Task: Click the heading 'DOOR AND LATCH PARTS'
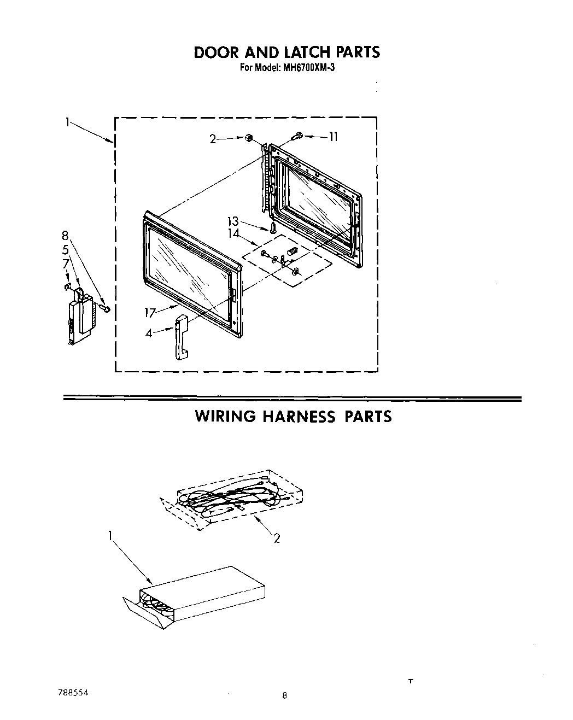[x=286, y=52]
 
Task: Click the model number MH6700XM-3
[x=307, y=69]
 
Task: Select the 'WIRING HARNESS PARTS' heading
[x=293, y=417]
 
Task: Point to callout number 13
[x=233, y=221]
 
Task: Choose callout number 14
[x=233, y=233]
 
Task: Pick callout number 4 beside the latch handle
[x=149, y=332]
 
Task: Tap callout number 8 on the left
[x=65, y=236]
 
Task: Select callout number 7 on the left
[x=65, y=264]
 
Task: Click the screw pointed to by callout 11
[x=298, y=134]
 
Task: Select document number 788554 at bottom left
[x=72, y=692]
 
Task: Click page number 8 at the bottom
[x=284, y=696]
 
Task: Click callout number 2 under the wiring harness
[x=277, y=538]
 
